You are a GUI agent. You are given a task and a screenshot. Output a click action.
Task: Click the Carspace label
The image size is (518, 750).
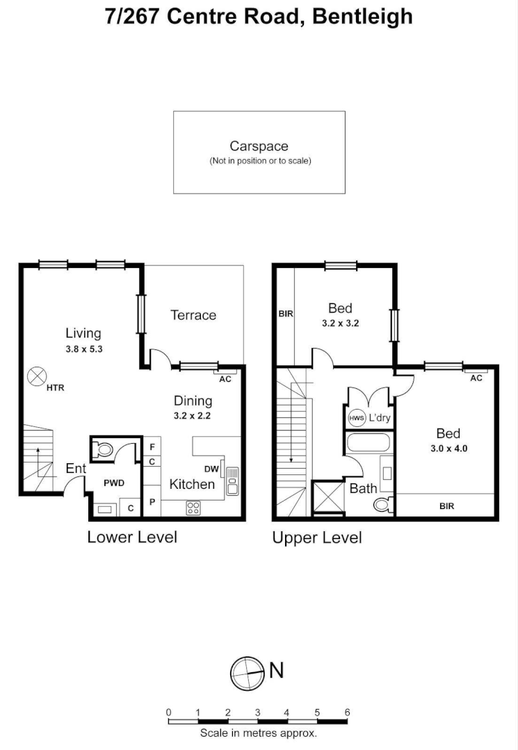[259, 147]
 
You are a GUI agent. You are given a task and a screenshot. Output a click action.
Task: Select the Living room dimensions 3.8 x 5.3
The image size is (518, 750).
[84, 349]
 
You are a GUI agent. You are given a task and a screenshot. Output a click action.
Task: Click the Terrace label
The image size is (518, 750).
[193, 315]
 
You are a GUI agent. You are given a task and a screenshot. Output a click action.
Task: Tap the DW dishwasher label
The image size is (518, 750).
[211, 469]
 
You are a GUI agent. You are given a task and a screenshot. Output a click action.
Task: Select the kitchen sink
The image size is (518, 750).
[232, 480]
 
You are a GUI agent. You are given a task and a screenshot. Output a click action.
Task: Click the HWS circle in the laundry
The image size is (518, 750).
[356, 418]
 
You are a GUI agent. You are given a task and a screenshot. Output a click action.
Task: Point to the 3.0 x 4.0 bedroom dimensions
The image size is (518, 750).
[448, 449]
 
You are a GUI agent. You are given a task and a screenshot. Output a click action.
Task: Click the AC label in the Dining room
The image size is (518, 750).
[225, 379]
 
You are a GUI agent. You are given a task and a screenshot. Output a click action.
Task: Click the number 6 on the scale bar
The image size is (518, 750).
[347, 712]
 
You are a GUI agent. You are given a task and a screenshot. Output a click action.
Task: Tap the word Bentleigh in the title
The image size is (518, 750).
[362, 16]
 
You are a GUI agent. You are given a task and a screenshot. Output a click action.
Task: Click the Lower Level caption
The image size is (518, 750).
[132, 537]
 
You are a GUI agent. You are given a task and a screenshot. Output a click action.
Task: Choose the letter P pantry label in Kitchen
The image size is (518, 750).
[152, 501]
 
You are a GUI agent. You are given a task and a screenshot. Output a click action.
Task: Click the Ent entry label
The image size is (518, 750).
[75, 469]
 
